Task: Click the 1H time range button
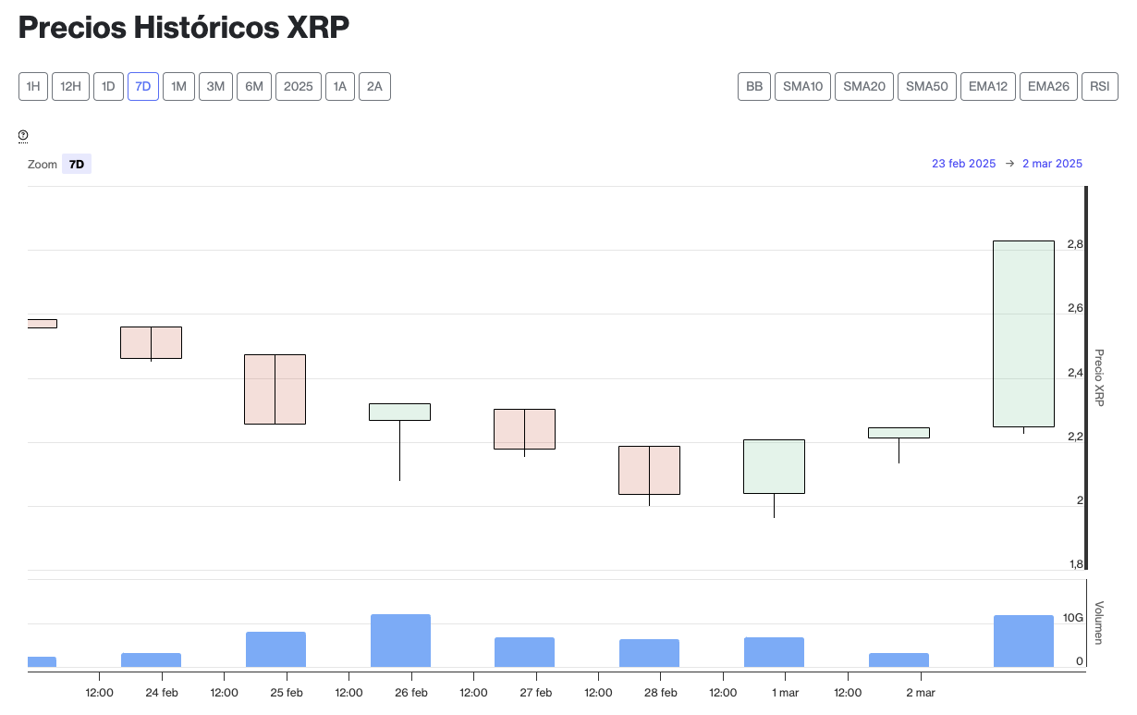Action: (33, 87)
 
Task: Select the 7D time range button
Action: (143, 87)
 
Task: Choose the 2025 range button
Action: (299, 87)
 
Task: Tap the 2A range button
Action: (374, 87)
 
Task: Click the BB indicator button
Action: (754, 87)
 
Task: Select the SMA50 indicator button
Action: (927, 87)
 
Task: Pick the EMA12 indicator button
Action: (988, 87)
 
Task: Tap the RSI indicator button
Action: (1099, 87)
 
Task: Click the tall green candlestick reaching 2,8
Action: (1023, 333)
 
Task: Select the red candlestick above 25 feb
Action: (275, 388)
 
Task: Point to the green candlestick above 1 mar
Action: (774, 466)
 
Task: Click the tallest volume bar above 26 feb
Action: (400, 640)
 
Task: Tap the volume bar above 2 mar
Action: (899, 660)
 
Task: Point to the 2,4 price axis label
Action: (1075, 373)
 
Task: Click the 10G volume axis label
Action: (1072, 618)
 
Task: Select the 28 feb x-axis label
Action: (661, 693)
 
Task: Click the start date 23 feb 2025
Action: (963, 164)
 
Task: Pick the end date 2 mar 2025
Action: (1052, 164)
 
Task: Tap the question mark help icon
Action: (23, 136)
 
